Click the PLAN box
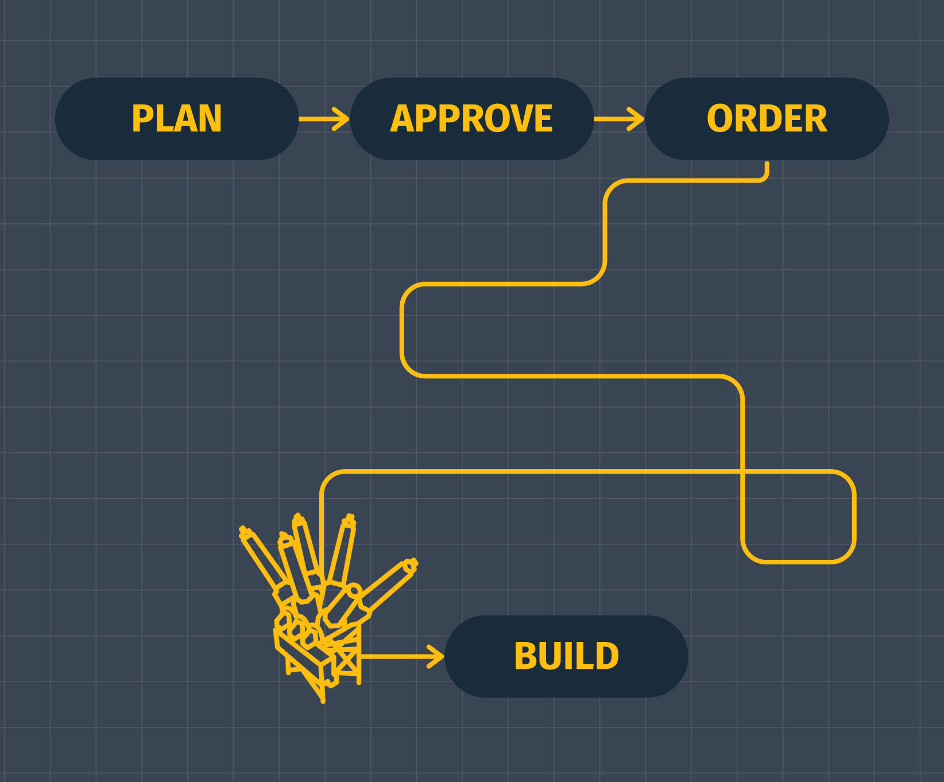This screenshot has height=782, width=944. [x=177, y=119]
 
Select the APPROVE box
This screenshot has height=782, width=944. [x=471, y=119]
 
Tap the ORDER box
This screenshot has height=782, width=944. [x=767, y=119]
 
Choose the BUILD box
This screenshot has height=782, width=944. [x=566, y=656]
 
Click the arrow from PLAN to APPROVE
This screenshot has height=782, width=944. [x=324, y=119]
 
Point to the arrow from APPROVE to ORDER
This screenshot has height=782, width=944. [x=619, y=119]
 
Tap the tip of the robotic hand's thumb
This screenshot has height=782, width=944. [x=411, y=565]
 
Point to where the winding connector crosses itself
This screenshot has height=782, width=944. [x=742, y=471]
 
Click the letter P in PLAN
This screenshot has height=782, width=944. [x=142, y=119]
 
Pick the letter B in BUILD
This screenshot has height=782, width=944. [x=525, y=656]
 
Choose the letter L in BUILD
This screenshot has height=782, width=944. [x=581, y=656]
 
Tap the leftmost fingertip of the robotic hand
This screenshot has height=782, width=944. [x=243, y=531]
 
